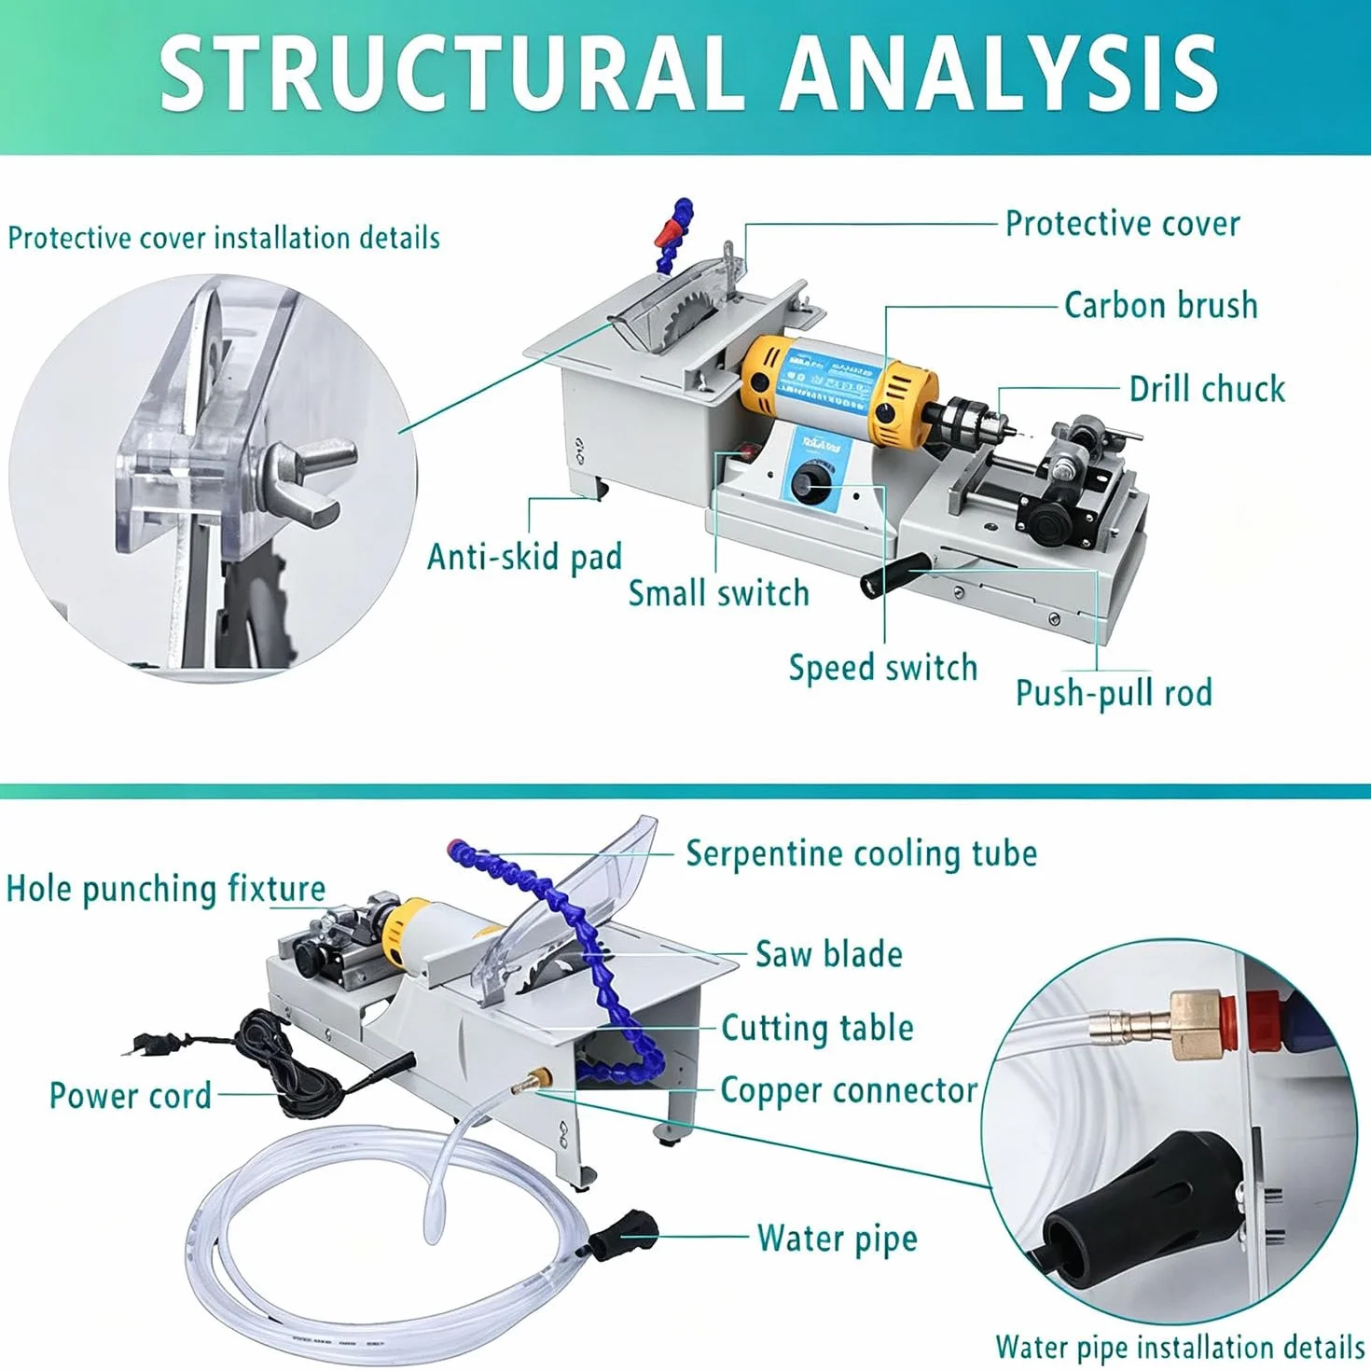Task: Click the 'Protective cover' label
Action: (x=1123, y=224)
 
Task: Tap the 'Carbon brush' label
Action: (x=1161, y=306)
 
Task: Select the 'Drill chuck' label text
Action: (x=1208, y=389)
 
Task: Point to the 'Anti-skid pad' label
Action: (x=524, y=557)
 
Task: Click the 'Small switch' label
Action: (x=718, y=593)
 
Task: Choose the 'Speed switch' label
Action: (x=883, y=668)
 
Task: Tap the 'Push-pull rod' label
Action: (x=1114, y=693)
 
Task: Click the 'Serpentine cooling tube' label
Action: (x=862, y=853)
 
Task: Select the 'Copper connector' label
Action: (x=849, y=1090)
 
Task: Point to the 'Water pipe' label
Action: (x=838, y=1239)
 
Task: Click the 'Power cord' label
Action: (x=131, y=1096)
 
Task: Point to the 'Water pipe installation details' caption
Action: (x=1180, y=1347)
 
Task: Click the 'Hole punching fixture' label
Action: (x=166, y=890)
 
